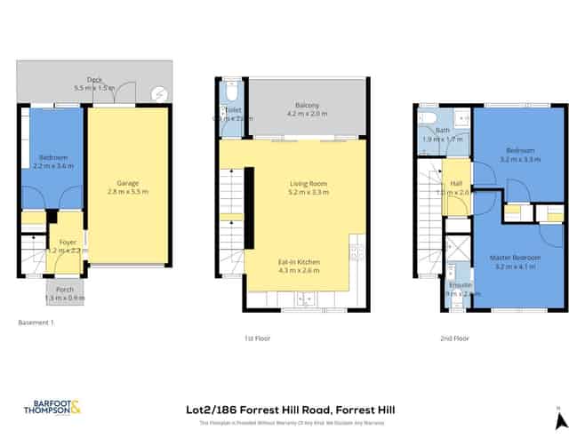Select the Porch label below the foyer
click(x=66, y=293)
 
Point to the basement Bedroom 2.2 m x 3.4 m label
click(x=53, y=161)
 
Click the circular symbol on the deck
click(x=159, y=92)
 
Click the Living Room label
click(x=309, y=187)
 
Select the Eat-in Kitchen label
click(x=301, y=265)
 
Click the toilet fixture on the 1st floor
click(x=233, y=92)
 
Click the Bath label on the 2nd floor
click(x=429, y=135)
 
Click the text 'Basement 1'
click(x=36, y=323)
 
